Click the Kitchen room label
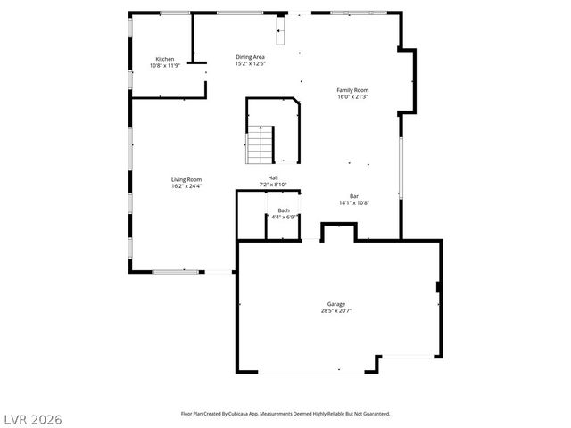(x=164, y=59)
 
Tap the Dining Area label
(x=250, y=57)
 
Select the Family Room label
(x=352, y=90)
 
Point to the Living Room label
(x=186, y=179)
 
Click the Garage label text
(x=335, y=304)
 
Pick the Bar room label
(x=354, y=196)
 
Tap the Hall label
(x=273, y=178)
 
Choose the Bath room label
(x=283, y=210)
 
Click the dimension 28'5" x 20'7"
(x=335, y=311)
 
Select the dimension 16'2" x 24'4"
(x=186, y=186)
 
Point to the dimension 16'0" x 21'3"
(x=352, y=97)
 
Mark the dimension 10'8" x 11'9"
(x=164, y=66)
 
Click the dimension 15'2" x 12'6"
(x=250, y=64)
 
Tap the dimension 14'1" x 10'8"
(x=354, y=203)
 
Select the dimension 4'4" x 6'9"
(x=284, y=217)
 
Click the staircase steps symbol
(x=260, y=145)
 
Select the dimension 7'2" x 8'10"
(x=273, y=185)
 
